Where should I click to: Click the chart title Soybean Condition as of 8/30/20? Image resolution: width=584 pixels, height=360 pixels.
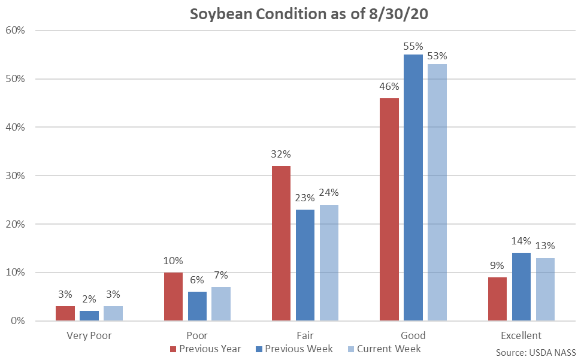pos(310,14)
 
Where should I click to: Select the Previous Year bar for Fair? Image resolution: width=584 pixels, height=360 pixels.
pos(281,243)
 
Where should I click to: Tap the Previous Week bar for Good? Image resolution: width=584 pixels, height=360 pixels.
pos(413,187)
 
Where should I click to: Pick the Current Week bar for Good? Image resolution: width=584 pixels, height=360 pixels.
pos(437,192)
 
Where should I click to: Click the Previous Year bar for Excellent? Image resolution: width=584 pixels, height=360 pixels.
pos(497,299)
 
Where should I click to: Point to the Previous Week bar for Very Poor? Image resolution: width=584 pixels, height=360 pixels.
pos(89,316)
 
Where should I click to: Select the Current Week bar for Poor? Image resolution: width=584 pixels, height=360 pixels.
pos(221,304)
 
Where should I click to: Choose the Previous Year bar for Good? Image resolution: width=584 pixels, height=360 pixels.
pos(389,209)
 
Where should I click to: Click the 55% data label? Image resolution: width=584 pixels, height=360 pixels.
pos(413,46)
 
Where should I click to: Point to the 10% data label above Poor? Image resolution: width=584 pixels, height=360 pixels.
pos(173,261)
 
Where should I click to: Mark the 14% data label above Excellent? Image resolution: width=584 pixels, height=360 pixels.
pos(521,241)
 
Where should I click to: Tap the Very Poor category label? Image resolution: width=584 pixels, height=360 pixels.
pos(89,335)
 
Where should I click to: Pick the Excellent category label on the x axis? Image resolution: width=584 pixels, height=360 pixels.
pos(521,335)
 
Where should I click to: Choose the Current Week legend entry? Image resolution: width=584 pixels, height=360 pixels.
pos(384,349)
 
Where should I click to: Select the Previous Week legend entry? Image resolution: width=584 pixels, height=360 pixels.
pos(295,349)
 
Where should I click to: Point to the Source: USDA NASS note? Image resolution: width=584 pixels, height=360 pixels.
pos(535,352)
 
